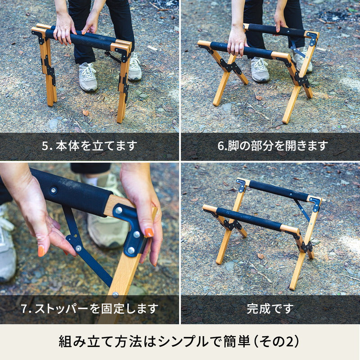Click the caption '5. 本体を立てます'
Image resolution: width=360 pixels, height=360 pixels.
89,145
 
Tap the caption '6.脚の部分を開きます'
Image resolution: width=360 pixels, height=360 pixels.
273,145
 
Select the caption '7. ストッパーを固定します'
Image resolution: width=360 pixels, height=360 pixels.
90,309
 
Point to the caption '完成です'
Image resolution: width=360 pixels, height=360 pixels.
270,309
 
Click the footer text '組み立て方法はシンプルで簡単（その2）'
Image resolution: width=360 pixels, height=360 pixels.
179,342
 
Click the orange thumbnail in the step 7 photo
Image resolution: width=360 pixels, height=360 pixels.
41,251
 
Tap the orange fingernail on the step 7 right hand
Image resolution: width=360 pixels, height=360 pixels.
149,232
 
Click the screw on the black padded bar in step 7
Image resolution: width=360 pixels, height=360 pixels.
54,190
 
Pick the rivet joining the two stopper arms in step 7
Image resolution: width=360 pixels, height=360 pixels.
78,248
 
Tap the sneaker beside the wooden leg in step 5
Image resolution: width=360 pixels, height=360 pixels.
87,77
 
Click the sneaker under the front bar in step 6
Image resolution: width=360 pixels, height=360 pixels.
260,70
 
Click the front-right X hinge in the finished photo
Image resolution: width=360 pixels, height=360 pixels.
305,246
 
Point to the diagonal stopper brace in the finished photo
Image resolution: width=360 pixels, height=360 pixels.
302,210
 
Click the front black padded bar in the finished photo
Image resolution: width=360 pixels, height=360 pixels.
249,219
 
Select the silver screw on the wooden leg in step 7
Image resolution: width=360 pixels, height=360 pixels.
115,294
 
